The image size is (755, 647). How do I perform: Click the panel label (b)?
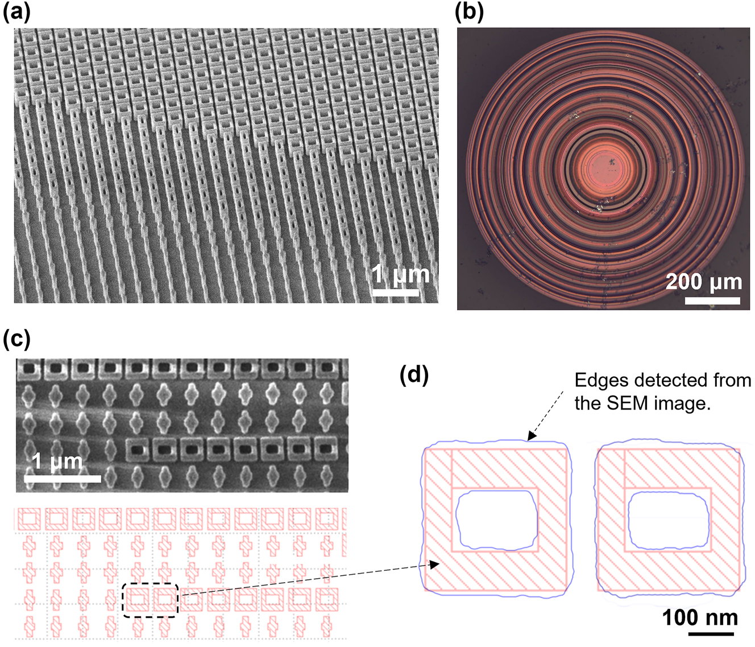pos(470,11)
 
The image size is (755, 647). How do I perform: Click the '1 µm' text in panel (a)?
pos(401,274)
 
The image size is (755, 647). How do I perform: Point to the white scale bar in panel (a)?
pos(396,293)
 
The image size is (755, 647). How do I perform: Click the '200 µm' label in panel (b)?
pos(704,282)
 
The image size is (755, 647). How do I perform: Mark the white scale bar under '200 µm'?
pos(712,300)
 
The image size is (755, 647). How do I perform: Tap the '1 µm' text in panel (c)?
pos(57,461)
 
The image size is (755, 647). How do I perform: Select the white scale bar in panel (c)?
pos(63,479)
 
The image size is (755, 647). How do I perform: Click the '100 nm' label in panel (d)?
pos(700,617)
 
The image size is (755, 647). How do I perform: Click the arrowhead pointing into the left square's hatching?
pos(435,564)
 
